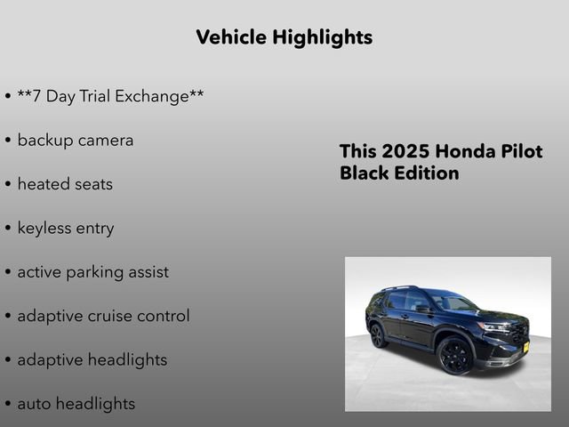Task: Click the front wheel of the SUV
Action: click(456, 355)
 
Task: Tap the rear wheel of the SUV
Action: click(378, 335)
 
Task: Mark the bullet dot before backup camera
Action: click(8, 141)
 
